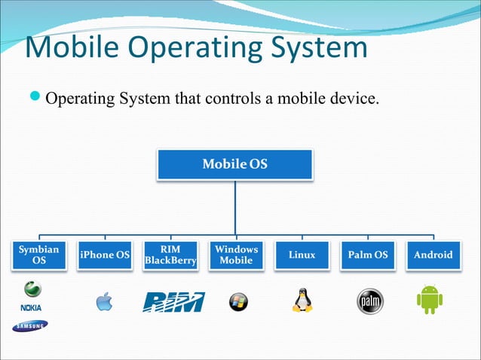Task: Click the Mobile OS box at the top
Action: point(234,163)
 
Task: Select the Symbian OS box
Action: point(38,255)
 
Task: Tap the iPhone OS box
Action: point(105,255)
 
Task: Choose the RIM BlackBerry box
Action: point(170,255)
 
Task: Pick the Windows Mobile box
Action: point(236,255)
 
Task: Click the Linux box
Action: point(302,255)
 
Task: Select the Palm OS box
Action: point(367,255)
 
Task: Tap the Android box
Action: point(433,255)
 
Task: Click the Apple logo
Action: point(104,301)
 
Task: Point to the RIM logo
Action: point(173,301)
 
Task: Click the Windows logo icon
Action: point(237,301)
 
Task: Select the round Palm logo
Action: point(369,301)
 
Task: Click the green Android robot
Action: point(430,299)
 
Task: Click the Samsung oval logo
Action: point(29,325)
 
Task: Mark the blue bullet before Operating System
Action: point(35,98)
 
